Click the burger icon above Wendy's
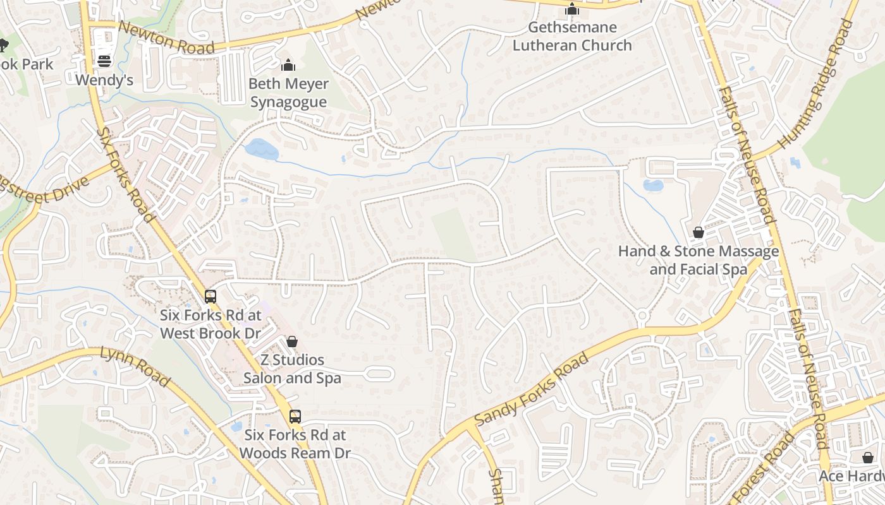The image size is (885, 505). click(x=104, y=61)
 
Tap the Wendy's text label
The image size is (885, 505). click(x=104, y=80)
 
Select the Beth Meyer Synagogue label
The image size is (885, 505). click(x=288, y=93)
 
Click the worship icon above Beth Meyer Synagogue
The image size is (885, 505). click(x=288, y=65)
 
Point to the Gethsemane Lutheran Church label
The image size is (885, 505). click(x=571, y=37)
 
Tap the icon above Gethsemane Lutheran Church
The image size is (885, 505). click(x=571, y=9)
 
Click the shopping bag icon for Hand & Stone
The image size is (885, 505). click(x=699, y=233)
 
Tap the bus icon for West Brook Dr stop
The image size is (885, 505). click(x=211, y=296)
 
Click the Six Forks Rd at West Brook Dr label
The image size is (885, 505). click(x=210, y=324)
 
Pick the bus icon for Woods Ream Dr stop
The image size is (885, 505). click(x=295, y=417)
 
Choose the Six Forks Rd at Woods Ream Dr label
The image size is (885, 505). click(x=295, y=444)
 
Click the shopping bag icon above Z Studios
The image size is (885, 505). click(x=292, y=342)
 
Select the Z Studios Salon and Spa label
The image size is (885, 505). click(x=292, y=369)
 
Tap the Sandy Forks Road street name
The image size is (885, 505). click(x=532, y=389)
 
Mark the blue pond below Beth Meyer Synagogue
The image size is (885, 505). click(x=261, y=150)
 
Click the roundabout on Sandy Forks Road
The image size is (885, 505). click(x=642, y=315)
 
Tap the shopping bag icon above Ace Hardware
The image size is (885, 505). click(x=868, y=458)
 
